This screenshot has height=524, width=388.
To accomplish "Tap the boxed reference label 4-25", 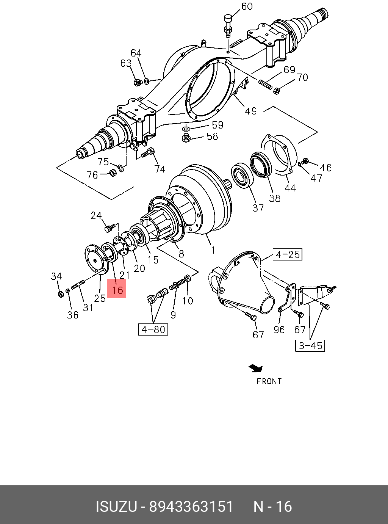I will pyautogui.click(x=288, y=254).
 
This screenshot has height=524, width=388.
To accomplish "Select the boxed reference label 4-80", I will pyautogui.click(x=153, y=329).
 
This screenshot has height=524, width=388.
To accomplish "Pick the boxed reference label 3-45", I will pyautogui.click(x=310, y=345).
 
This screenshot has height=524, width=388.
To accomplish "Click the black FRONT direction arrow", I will pyautogui.click(x=256, y=368).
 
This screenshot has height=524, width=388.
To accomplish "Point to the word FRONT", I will pyautogui.click(x=269, y=381).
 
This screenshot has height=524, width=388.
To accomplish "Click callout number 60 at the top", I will pyautogui.click(x=247, y=6).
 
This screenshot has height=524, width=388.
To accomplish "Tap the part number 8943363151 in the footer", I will pyautogui.click(x=191, y=507).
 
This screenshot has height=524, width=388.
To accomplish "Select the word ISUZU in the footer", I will pyautogui.click(x=116, y=507).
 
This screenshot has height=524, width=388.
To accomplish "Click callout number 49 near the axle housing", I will pyautogui.click(x=250, y=111).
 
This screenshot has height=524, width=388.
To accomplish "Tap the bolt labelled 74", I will pyautogui.click(x=147, y=153).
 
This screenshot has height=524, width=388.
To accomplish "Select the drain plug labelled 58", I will pyautogui.click(x=186, y=138).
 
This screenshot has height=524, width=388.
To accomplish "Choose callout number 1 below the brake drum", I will pyautogui.click(x=213, y=250).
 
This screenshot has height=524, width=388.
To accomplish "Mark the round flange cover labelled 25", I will pyautogui.click(x=94, y=258).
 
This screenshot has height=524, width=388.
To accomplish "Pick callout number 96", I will pyautogui.click(x=279, y=329).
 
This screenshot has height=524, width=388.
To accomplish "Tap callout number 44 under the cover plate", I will pyautogui.click(x=290, y=187).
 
